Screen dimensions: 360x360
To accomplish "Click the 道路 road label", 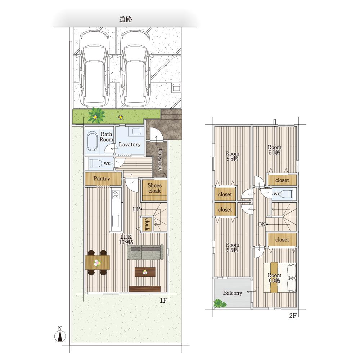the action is (x=126, y=19).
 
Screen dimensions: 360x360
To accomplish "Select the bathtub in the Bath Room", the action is (x=93, y=141).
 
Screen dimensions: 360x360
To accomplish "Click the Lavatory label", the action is (x=130, y=144).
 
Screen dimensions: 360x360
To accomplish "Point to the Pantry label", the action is (x=102, y=179).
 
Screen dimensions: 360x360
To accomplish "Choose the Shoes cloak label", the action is (x=154, y=188).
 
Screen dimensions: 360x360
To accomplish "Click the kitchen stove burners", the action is (x=116, y=195).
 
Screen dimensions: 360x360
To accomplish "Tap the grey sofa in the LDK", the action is (x=145, y=252).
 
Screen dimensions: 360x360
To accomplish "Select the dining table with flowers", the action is (x=97, y=262).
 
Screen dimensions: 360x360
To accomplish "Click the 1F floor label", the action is (x=163, y=300).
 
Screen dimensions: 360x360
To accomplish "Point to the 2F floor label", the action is (x=292, y=316).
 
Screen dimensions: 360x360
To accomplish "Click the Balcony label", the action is (x=233, y=293).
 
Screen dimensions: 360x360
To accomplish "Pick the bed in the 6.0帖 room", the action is (x=280, y=278).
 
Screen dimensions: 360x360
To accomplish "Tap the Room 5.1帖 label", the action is (x=274, y=150).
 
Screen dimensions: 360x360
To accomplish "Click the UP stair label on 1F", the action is (x=136, y=210).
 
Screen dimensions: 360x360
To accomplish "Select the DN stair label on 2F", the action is (x=262, y=225).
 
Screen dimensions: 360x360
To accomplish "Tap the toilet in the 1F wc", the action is (x=95, y=163).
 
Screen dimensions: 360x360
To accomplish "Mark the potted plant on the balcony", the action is (x=220, y=303).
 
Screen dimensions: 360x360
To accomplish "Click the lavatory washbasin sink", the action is (x=136, y=131).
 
